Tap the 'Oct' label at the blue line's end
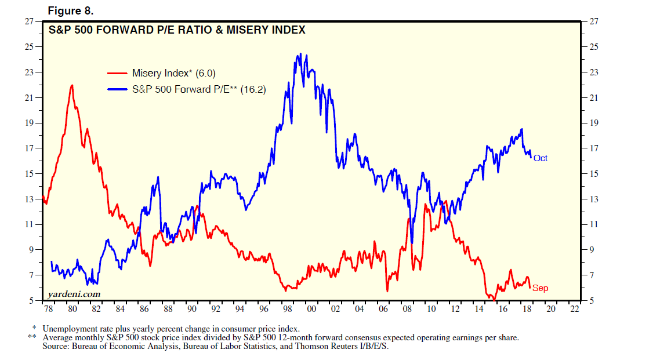click(541, 158)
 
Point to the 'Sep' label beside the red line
click(540, 288)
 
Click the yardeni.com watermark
click(73, 294)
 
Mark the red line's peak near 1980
click(72, 85)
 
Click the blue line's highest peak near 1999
click(300, 54)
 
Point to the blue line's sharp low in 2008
click(412, 243)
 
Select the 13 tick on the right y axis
click(593, 199)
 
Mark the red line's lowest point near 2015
click(493, 299)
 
